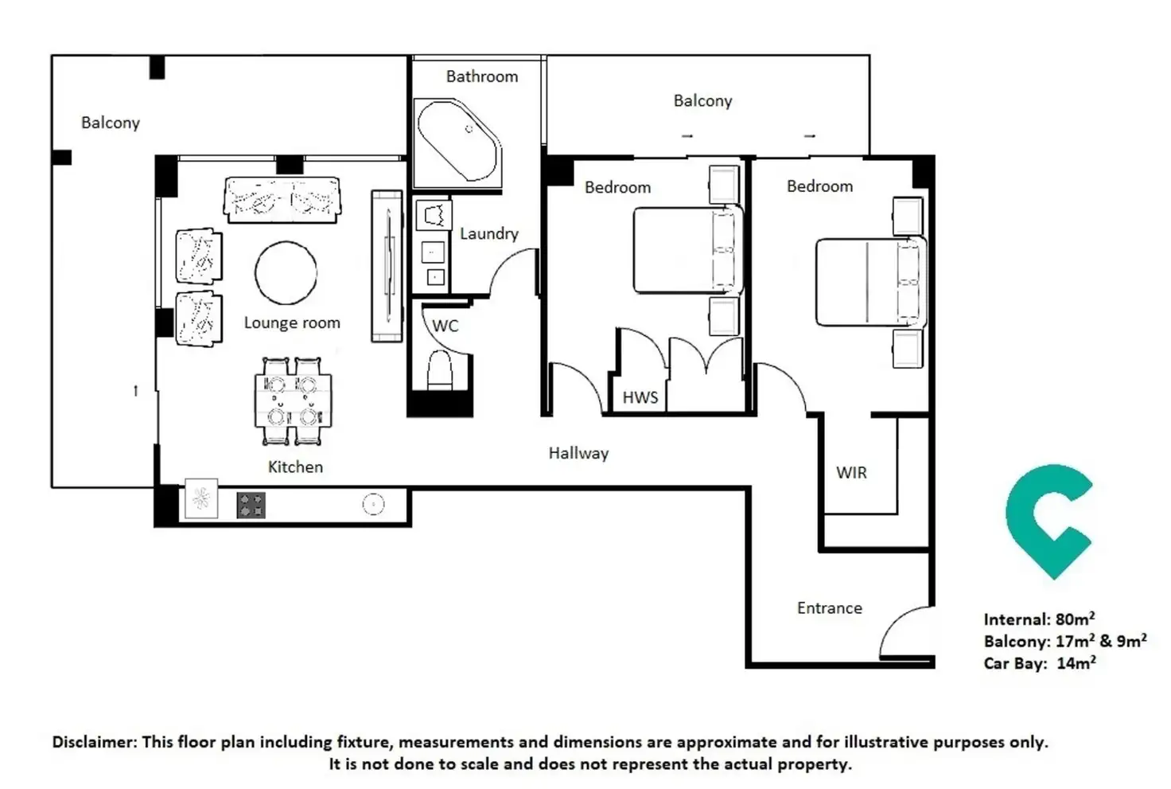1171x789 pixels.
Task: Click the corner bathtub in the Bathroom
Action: point(457,141)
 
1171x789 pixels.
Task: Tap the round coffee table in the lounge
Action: point(286,273)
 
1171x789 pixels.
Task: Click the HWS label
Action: point(640,397)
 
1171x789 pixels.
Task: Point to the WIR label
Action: point(850,473)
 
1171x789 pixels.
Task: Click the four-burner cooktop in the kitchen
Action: point(251,505)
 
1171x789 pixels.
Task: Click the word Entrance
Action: point(829,608)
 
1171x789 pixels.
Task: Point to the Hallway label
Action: point(578,454)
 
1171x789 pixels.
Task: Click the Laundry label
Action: point(488,234)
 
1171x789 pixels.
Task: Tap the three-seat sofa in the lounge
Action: point(282,200)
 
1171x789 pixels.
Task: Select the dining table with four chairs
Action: point(293,401)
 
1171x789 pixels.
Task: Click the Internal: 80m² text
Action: point(1038,619)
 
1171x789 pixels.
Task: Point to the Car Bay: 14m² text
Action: point(1039,663)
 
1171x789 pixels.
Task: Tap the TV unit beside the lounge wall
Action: point(387,266)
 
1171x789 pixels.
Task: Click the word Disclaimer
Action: point(94,742)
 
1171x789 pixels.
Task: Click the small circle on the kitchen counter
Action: point(373,504)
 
